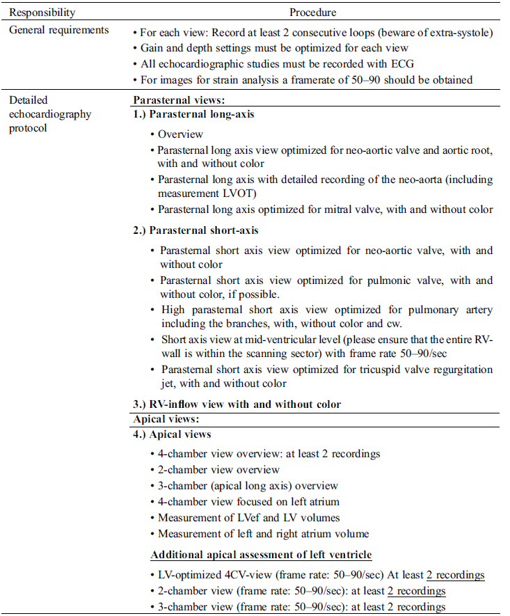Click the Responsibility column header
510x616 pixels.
click(x=42, y=13)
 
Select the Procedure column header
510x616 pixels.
click(x=313, y=13)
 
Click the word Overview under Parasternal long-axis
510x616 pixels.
click(x=181, y=134)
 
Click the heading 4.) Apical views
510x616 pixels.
click(x=172, y=434)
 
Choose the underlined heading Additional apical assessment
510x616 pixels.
click(x=261, y=555)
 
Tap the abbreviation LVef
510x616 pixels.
click(x=250, y=517)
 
